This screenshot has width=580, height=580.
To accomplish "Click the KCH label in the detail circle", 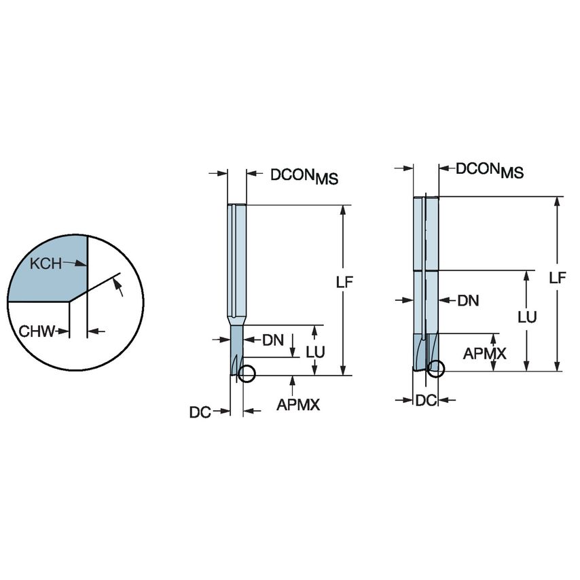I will (x=46, y=264).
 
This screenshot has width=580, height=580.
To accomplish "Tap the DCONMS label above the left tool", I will (x=304, y=176).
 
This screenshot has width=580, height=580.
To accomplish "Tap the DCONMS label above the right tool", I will (x=489, y=170).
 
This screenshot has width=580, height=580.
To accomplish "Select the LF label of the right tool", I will (x=558, y=277).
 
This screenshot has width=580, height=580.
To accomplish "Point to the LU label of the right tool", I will (x=527, y=317).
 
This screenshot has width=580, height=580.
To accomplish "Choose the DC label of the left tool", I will (x=199, y=411).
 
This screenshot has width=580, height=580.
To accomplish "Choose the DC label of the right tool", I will (x=425, y=401).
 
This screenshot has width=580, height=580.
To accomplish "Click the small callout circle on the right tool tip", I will (x=436, y=369).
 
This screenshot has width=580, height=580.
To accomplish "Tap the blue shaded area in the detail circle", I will (x=48, y=272).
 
